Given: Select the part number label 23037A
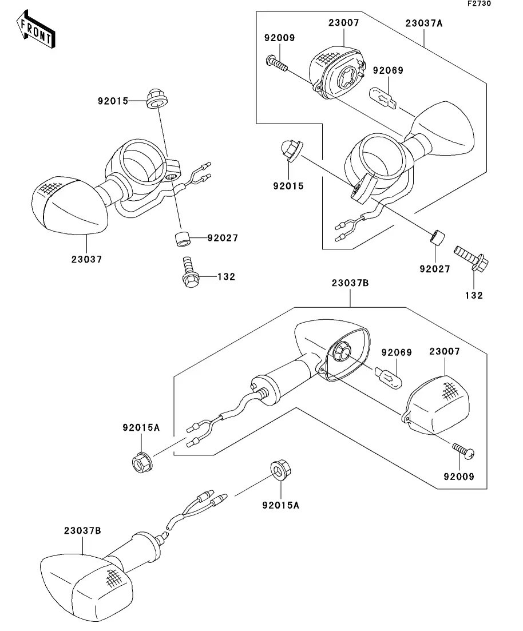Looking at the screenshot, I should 424,23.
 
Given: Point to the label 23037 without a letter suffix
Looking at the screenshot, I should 87,259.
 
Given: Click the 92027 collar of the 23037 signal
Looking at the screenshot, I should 181,238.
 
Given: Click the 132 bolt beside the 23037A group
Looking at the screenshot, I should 469,259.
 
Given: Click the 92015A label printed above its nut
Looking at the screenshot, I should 141,427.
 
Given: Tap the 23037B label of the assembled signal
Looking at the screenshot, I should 82,530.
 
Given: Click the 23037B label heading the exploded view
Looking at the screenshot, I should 349,283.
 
